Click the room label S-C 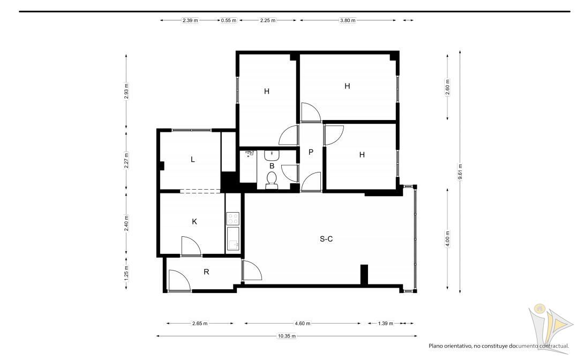point(326,239)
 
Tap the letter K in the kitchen point(194,221)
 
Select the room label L point(192,159)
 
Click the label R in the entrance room point(206,272)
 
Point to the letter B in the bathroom point(272,166)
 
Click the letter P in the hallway point(311,152)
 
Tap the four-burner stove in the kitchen point(232,218)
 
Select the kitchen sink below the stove point(232,238)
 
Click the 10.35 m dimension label point(287,336)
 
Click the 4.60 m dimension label point(302,324)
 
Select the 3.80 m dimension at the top point(348,20)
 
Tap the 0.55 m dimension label point(229,20)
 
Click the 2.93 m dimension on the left point(126,92)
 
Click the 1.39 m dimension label point(385,324)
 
